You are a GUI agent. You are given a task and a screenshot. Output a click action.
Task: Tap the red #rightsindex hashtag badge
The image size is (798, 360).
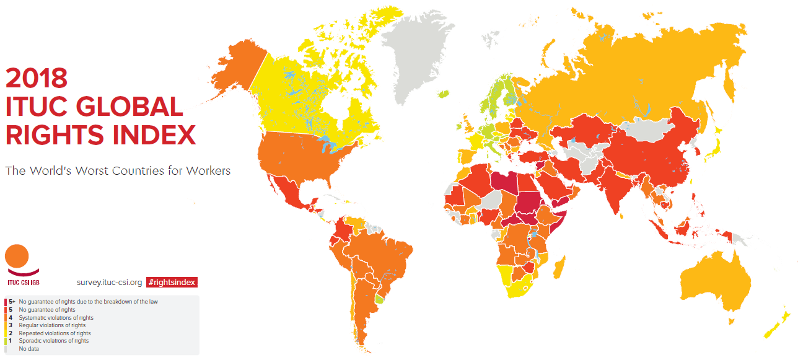tap(172, 282)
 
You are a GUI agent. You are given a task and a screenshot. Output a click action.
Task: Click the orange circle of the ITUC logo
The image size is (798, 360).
tap(17, 256)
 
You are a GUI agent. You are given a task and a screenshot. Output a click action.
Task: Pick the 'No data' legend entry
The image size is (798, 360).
tap(30, 348)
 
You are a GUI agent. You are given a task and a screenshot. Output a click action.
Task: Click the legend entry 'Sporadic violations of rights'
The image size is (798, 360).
tap(53, 340)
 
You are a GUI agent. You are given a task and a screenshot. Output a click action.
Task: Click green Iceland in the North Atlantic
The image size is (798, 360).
tap(442, 94)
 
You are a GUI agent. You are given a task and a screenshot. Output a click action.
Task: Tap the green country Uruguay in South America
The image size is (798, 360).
tap(380, 299)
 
